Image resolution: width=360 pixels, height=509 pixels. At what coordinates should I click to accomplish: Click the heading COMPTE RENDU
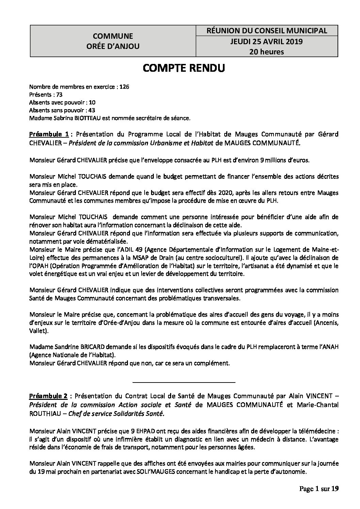click(x=184, y=68)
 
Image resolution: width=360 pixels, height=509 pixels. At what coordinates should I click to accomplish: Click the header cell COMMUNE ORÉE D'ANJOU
click(x=113, y=41)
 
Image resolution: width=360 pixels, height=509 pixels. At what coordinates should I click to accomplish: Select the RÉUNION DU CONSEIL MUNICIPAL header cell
click(x=267, y=31)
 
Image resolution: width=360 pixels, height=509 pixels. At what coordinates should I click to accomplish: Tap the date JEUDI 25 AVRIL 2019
click(x=267, y=42)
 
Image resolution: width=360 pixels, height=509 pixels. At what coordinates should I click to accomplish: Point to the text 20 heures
click(x=267, y=52)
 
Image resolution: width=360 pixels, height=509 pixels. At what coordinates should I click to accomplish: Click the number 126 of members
click(x=125, y=87)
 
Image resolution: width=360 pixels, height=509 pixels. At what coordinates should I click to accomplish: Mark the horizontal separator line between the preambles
click(x=183, y=383)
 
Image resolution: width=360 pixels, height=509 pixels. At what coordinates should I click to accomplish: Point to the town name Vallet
click(x=38, y=330)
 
